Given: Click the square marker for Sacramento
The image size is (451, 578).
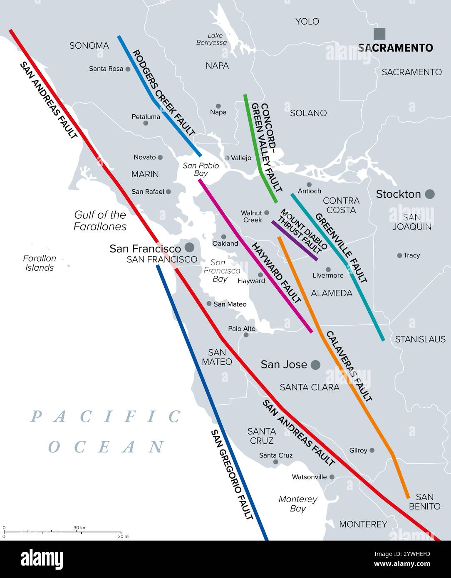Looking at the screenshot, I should coord(379,34).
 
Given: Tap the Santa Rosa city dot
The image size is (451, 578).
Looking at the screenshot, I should coord(128,69).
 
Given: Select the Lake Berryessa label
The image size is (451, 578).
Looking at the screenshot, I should coord(211,39).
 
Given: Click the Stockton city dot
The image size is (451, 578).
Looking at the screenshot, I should coord(430,194).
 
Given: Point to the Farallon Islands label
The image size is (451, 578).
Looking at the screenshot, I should coord(40,263).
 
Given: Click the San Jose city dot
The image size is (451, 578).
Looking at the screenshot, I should coord(315,365).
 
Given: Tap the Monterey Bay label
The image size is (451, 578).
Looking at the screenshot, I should coord(298,504).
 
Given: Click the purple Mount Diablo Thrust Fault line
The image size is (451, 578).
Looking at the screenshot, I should coord(295,241).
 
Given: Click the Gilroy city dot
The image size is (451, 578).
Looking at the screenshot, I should coord(372,450).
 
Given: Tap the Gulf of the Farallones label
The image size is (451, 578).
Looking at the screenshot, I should coord(100,220).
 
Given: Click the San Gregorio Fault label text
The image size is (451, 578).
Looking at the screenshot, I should coord(232,474).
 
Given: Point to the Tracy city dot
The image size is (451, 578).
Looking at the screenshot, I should coord(399,255).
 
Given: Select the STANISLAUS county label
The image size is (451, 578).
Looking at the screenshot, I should coord(420,339).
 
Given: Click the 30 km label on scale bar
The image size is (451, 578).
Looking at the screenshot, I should coord(80,528).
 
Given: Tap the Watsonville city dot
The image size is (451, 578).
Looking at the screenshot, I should coord(332,477).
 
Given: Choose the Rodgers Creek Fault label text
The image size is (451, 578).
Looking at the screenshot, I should coord(163,93).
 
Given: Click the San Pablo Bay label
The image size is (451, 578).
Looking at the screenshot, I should coord(201,169).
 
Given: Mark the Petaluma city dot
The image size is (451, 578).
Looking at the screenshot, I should coord(146,123).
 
